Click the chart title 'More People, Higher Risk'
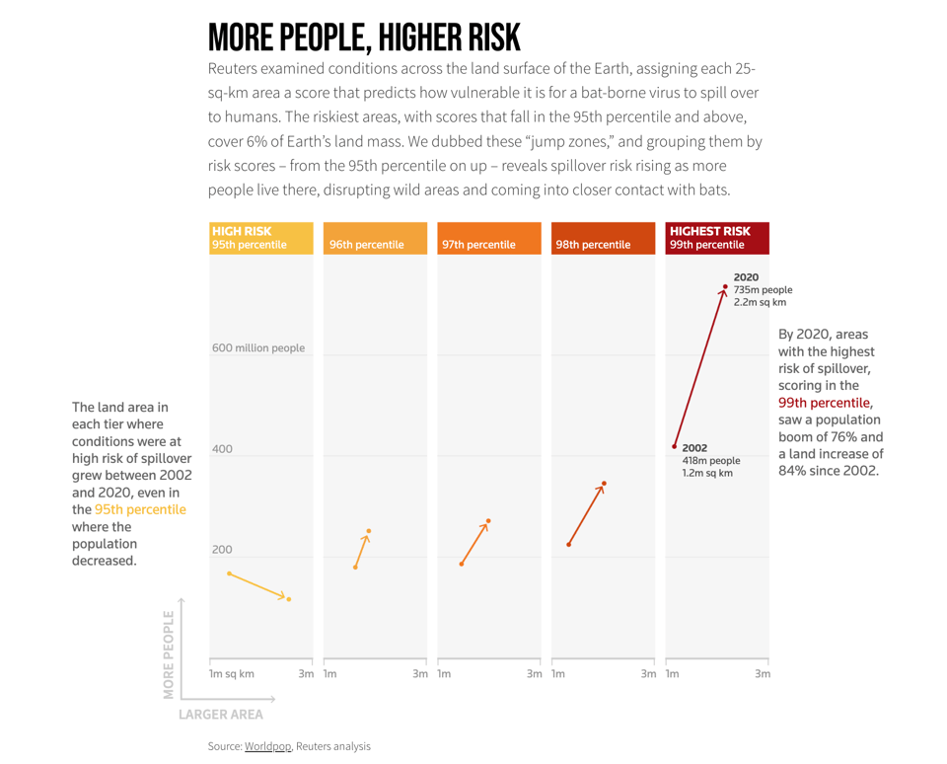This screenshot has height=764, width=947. coord(364,38)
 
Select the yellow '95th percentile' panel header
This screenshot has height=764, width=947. coord(261,238)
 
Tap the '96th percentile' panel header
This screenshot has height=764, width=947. coord(375,238)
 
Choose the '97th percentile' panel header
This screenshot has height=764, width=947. coord(489,238)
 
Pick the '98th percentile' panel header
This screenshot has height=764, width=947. coord(603,238)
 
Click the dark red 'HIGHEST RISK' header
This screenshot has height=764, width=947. coord(717,238)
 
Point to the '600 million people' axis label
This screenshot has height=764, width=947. coord(258,347)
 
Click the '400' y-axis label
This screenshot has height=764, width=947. coord(222,449)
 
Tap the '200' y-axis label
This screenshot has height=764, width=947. coord(222,550)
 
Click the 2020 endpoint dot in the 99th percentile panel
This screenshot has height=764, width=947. coord(725,287)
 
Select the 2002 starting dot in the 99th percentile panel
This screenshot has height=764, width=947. coord(675,446)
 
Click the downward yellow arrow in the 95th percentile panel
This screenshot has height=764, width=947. coord(258,586)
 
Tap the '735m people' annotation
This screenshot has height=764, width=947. coord(763,290)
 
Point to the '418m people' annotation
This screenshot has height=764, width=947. coord(710,460)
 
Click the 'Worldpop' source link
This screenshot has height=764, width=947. coord(267,746)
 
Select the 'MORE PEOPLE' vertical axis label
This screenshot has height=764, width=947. coord(170,653)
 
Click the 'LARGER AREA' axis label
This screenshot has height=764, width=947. coord(221,714)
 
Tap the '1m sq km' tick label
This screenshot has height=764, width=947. coord(232,674)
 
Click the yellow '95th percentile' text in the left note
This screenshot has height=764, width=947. coord(140,509)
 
